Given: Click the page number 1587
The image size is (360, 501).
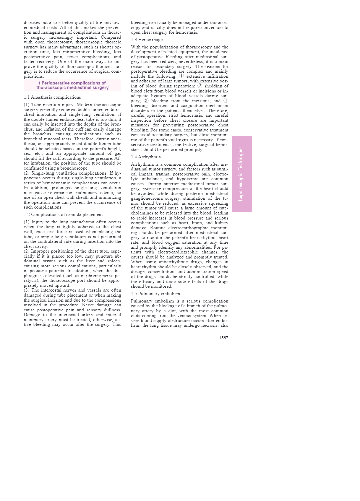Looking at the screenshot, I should point(223,338).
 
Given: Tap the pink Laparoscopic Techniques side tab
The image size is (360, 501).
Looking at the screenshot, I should point(242,174).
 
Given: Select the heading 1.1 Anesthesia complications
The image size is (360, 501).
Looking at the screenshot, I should point(52,97).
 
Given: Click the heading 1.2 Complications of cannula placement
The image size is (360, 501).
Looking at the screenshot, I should point(63,214).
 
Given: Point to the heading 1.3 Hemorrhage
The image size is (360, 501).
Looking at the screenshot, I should point(147,40).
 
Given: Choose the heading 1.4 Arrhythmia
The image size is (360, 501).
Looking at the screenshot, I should point(146,157).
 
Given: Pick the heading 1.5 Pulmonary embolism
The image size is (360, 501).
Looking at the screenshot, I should point(155,294).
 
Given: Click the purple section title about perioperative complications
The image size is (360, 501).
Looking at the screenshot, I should point(72,85).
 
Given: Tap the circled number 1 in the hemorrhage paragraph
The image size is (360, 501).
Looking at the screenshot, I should point(181,76).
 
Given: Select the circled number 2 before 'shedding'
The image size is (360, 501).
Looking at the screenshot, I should point(200,86).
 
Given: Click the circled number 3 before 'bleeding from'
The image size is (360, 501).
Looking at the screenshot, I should point(146,101).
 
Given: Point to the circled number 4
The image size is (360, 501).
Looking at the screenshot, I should point(226,101).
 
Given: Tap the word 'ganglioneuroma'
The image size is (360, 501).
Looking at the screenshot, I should point(146,199).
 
